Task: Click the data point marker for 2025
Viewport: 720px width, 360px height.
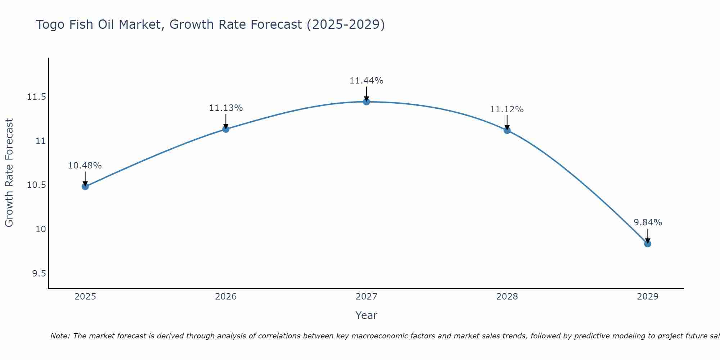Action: (x=85, y=186)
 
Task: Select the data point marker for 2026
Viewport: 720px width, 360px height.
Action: (x=226, y=129)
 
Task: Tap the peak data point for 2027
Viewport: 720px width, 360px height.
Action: (x=366, y=102)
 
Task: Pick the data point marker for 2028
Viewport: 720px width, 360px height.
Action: (x=507, y=130)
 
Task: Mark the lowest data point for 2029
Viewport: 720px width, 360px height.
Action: (x=648, y=244)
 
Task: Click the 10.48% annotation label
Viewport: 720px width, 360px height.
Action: (x=85, y=166)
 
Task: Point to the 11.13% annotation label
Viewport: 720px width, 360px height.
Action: (x=226, y=108)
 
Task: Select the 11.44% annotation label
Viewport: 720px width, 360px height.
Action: (x=366, y=81)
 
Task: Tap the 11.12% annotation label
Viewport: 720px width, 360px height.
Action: (x=507, y=109)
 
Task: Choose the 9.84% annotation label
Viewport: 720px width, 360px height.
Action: (x=648, y=222)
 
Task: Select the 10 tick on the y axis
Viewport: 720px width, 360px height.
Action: (x=41, y=229)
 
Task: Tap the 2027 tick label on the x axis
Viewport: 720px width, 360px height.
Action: (x=366, y=297)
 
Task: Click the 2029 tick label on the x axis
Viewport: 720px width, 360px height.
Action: (x=648, y=297)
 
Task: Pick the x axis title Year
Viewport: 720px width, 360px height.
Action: (x=366, y=315)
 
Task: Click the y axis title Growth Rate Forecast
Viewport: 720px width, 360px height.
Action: (x=9, y=173)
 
